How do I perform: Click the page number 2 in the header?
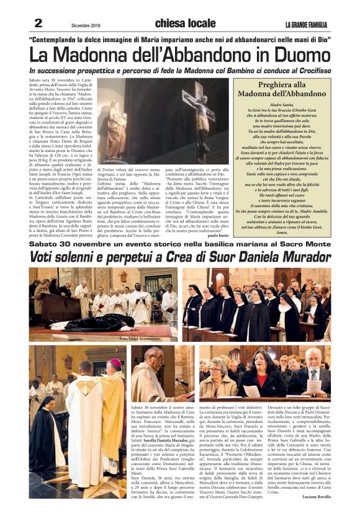point(38,23)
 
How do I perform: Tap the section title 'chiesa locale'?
point(176,24)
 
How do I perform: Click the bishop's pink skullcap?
point(115,362)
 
